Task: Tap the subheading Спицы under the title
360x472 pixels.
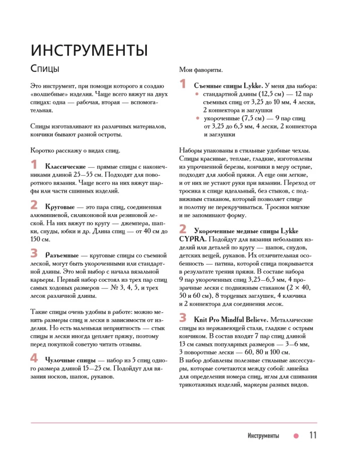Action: click(x=45, y=69)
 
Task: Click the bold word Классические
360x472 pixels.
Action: click(x=65, y=167)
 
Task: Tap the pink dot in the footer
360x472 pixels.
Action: click(x=296, y=436)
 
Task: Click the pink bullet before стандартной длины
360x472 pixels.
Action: click(x=198, y=94)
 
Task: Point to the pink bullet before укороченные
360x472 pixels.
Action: click(x=198, y=118)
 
